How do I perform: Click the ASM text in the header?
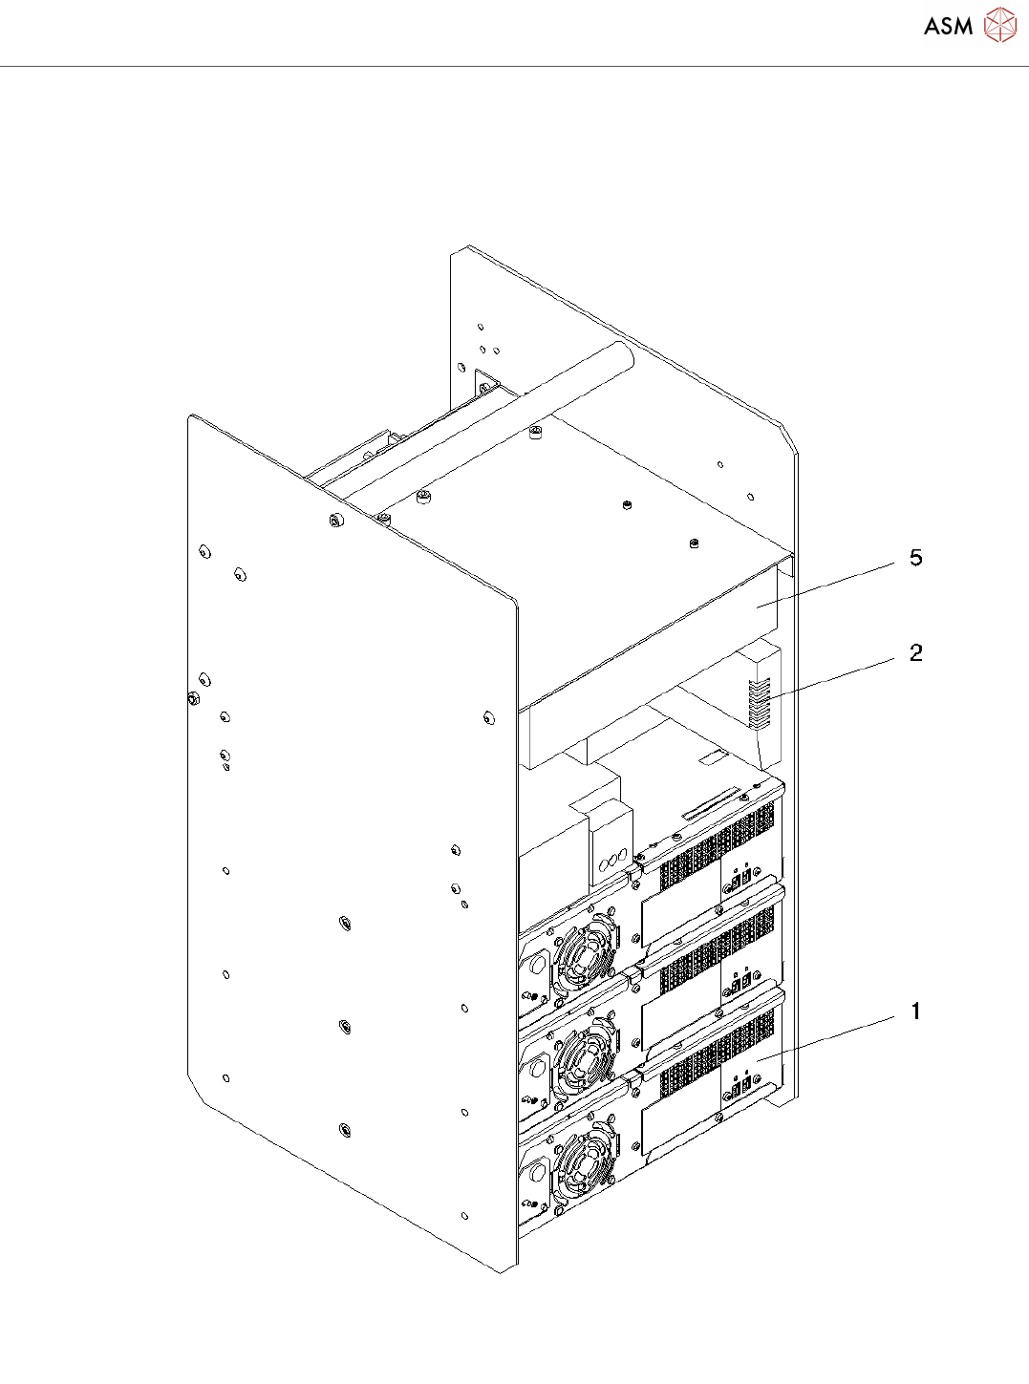tap(948, 27)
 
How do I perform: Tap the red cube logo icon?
tap(1000, 25)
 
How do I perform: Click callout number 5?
tap(915, 558)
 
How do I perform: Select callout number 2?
tap(915, 653)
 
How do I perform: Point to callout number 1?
tap(915, 1011)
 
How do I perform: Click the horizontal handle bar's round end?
tap(624, 355)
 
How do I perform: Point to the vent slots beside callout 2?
tap(760, 704)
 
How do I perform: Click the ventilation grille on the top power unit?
tap(717, 846)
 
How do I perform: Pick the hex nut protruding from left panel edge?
tap(192, 698)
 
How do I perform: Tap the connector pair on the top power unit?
tap(740, 884)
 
